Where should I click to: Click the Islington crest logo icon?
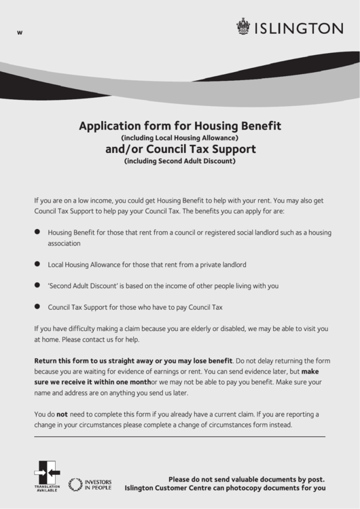242,27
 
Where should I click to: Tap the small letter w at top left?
20,34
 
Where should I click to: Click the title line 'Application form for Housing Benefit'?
180,126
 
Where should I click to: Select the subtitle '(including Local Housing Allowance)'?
180,138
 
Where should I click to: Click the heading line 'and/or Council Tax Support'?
180,149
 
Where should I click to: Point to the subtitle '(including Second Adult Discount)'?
180,162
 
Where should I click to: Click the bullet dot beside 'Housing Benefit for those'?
37,232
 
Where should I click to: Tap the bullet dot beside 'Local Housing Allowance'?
37,264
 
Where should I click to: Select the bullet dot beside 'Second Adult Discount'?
37,285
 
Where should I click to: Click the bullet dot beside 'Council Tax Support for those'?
37,306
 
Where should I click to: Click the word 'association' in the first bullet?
65,243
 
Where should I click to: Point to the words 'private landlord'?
222,264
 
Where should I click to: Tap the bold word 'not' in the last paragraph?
62,414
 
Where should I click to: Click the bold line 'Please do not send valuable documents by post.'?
247,478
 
